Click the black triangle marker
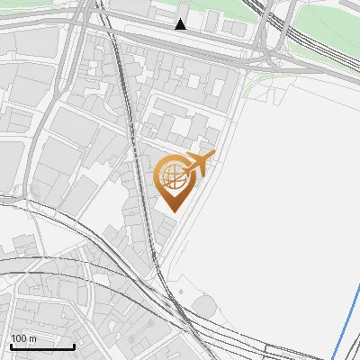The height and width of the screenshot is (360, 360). pyautogui.click(x=181, y=24)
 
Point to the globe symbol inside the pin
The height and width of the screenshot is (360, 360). pyautogui.click(x=172, y=175)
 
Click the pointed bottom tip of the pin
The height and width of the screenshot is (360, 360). pyautogui.click(x=173, y=211)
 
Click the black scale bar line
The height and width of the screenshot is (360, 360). pyautogui.click(x=41, y=346)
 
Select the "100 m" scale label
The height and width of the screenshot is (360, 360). pyautogui.click(x=24, y=338)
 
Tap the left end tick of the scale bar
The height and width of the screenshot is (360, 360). pyautogui.click(x=10, y=344)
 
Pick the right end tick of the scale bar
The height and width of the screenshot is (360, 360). pyautogui.click(x=74, y=344)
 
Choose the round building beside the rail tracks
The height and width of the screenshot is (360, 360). pyautogui.click(x=206, y=307)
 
